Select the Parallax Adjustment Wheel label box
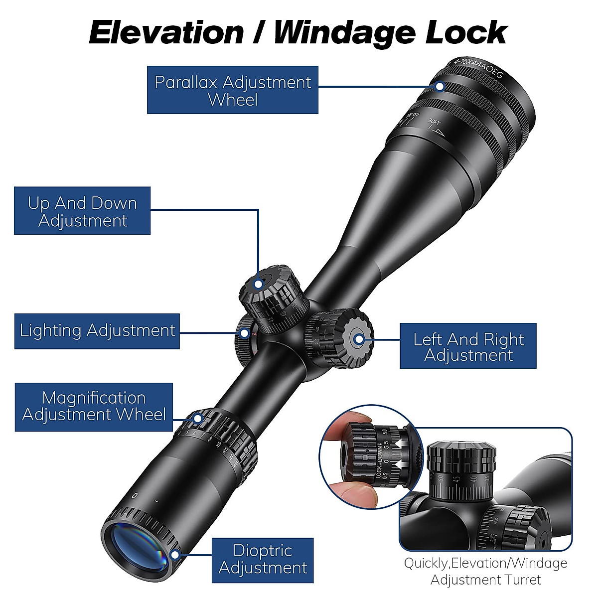coord(233,90)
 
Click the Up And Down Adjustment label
coord(82,211)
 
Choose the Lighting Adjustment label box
coord(97,331)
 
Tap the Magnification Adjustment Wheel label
coord(94,407)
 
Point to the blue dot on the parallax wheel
coord(440,86)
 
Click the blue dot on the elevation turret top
coord(258,284)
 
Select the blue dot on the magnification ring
coord(198,419)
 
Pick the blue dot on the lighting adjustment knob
coord(245,333)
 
